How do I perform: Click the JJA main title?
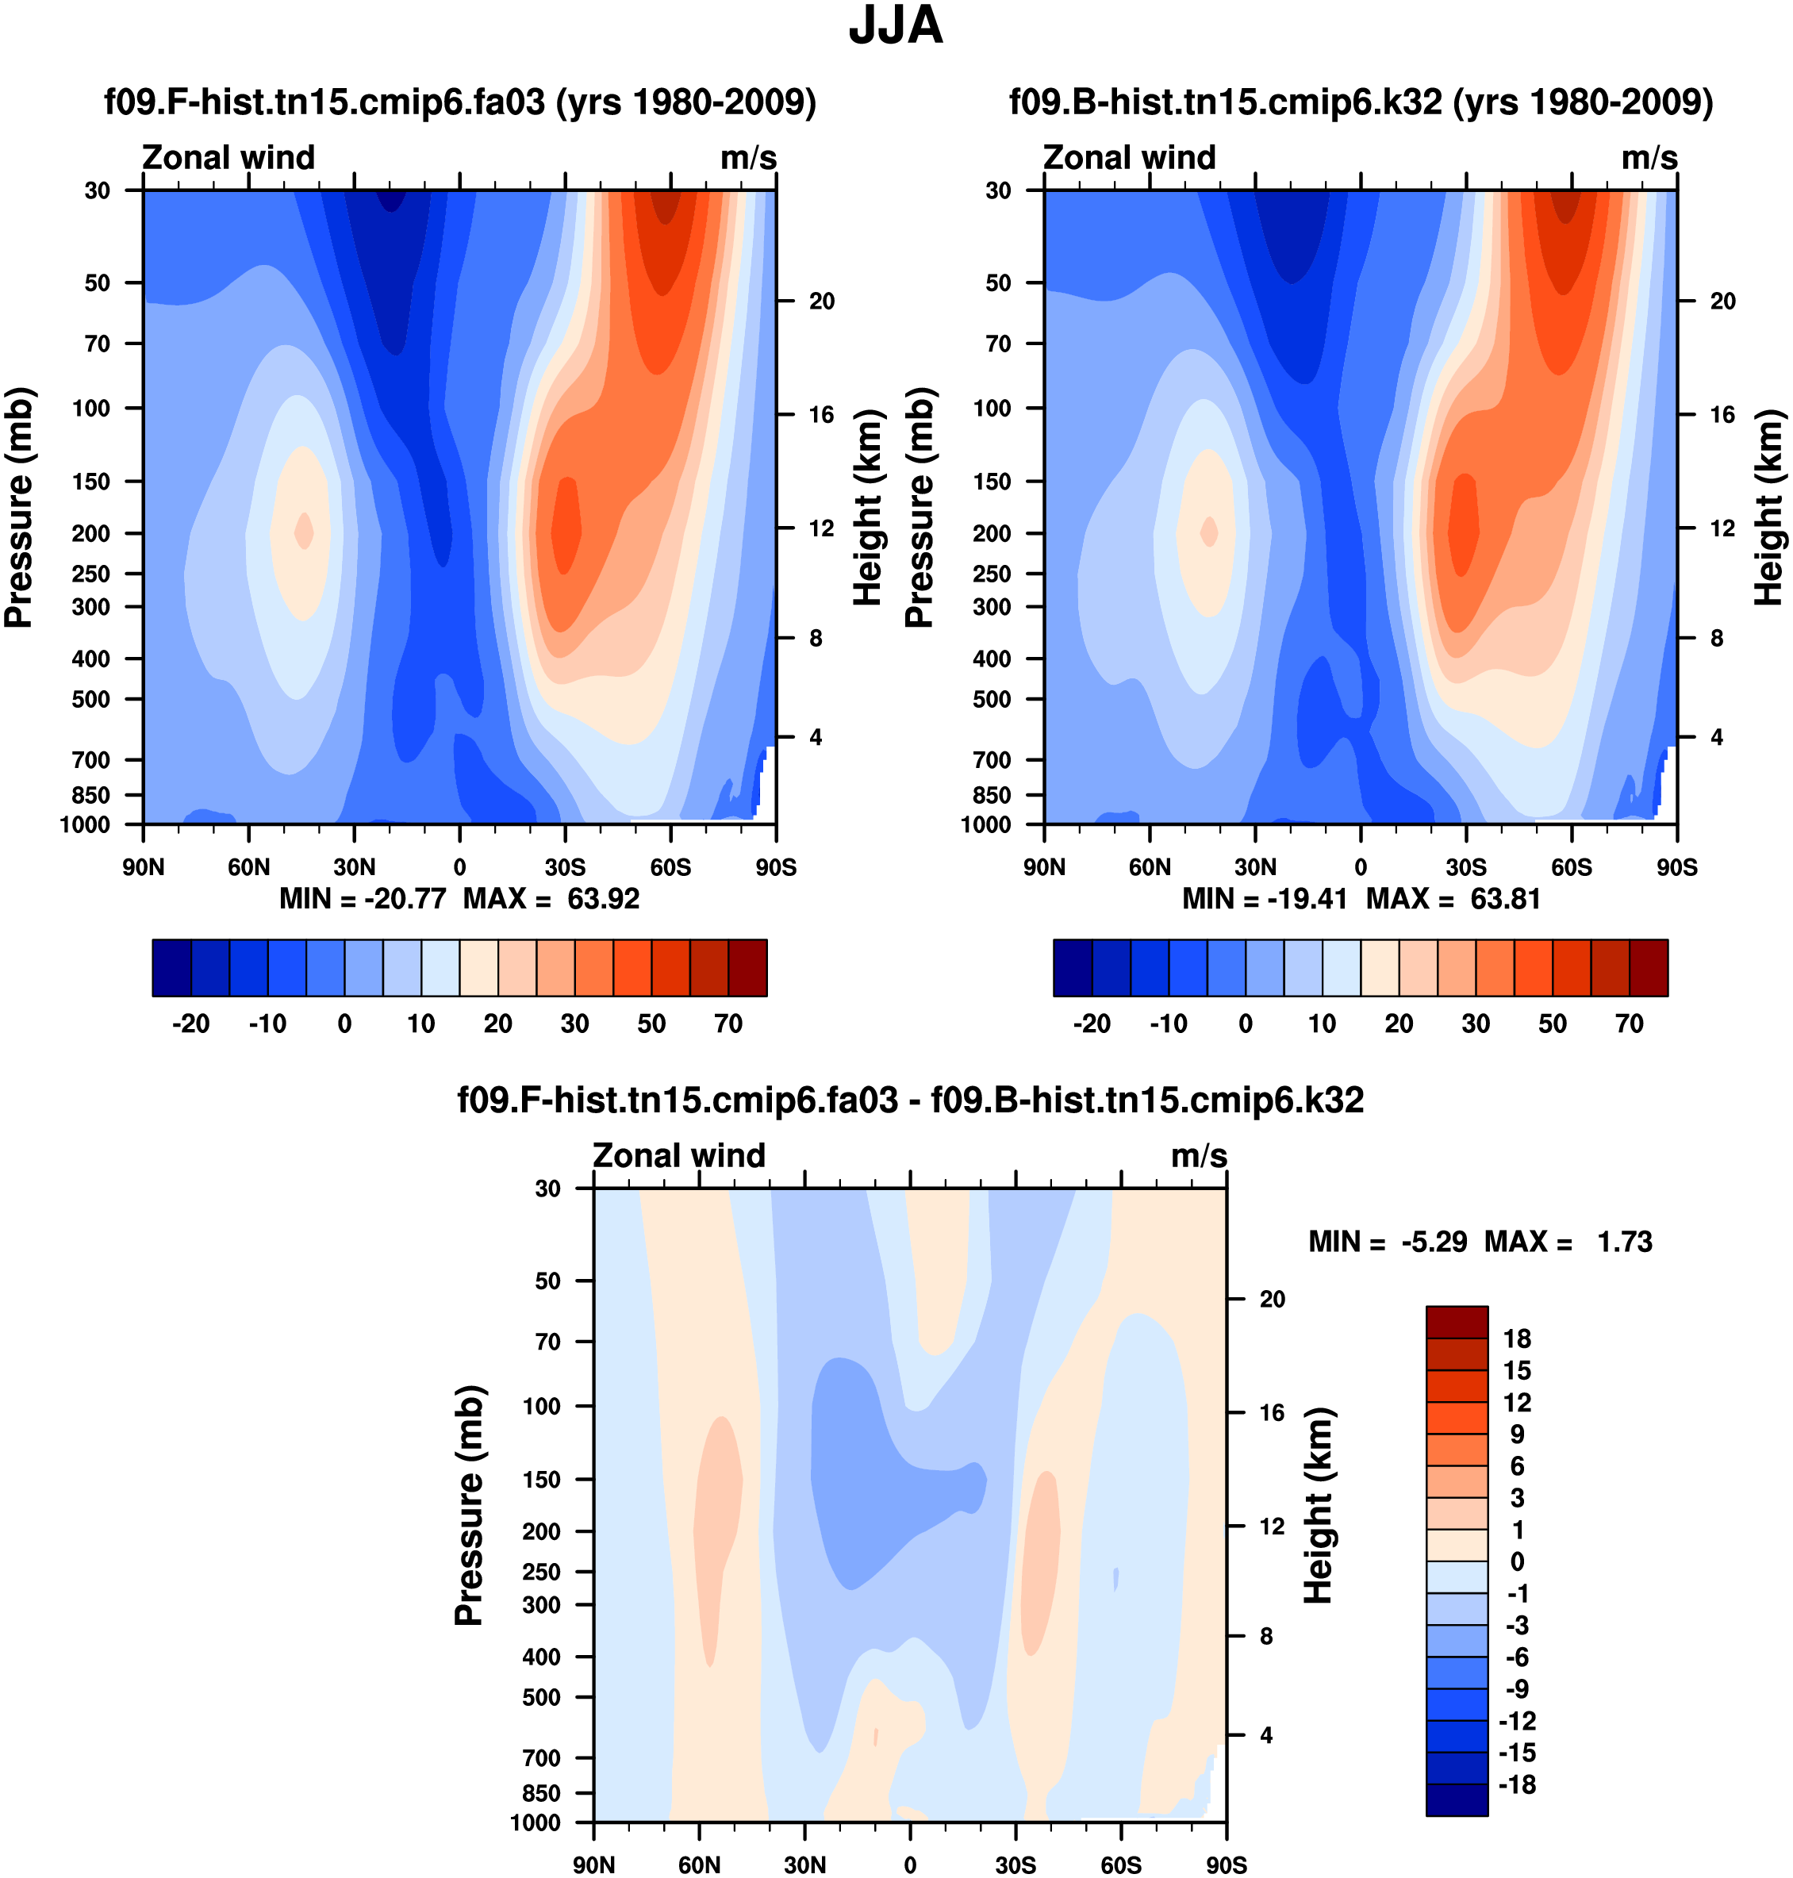(x=896, y=26)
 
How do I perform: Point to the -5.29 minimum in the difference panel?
(x=1434, y=1242)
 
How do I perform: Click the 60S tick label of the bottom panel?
(x=1120, y=1865)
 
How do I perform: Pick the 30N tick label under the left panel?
(x=354, y=868)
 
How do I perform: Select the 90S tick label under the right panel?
(x=1677, y=868)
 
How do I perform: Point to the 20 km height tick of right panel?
(x=1722, y=301)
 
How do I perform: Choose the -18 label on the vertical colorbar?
(x=1517, y=1784)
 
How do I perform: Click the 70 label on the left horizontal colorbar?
(x=728, y=1024)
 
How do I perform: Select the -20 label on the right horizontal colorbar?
(x=1092, y=1024)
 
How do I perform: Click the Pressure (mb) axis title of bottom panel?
(x=470, y=1505)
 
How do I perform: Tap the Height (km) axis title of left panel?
(x=867, y=508)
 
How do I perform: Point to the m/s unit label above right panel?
(x=1649, y=158)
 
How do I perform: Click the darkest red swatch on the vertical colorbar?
(x=1457, y=1322)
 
